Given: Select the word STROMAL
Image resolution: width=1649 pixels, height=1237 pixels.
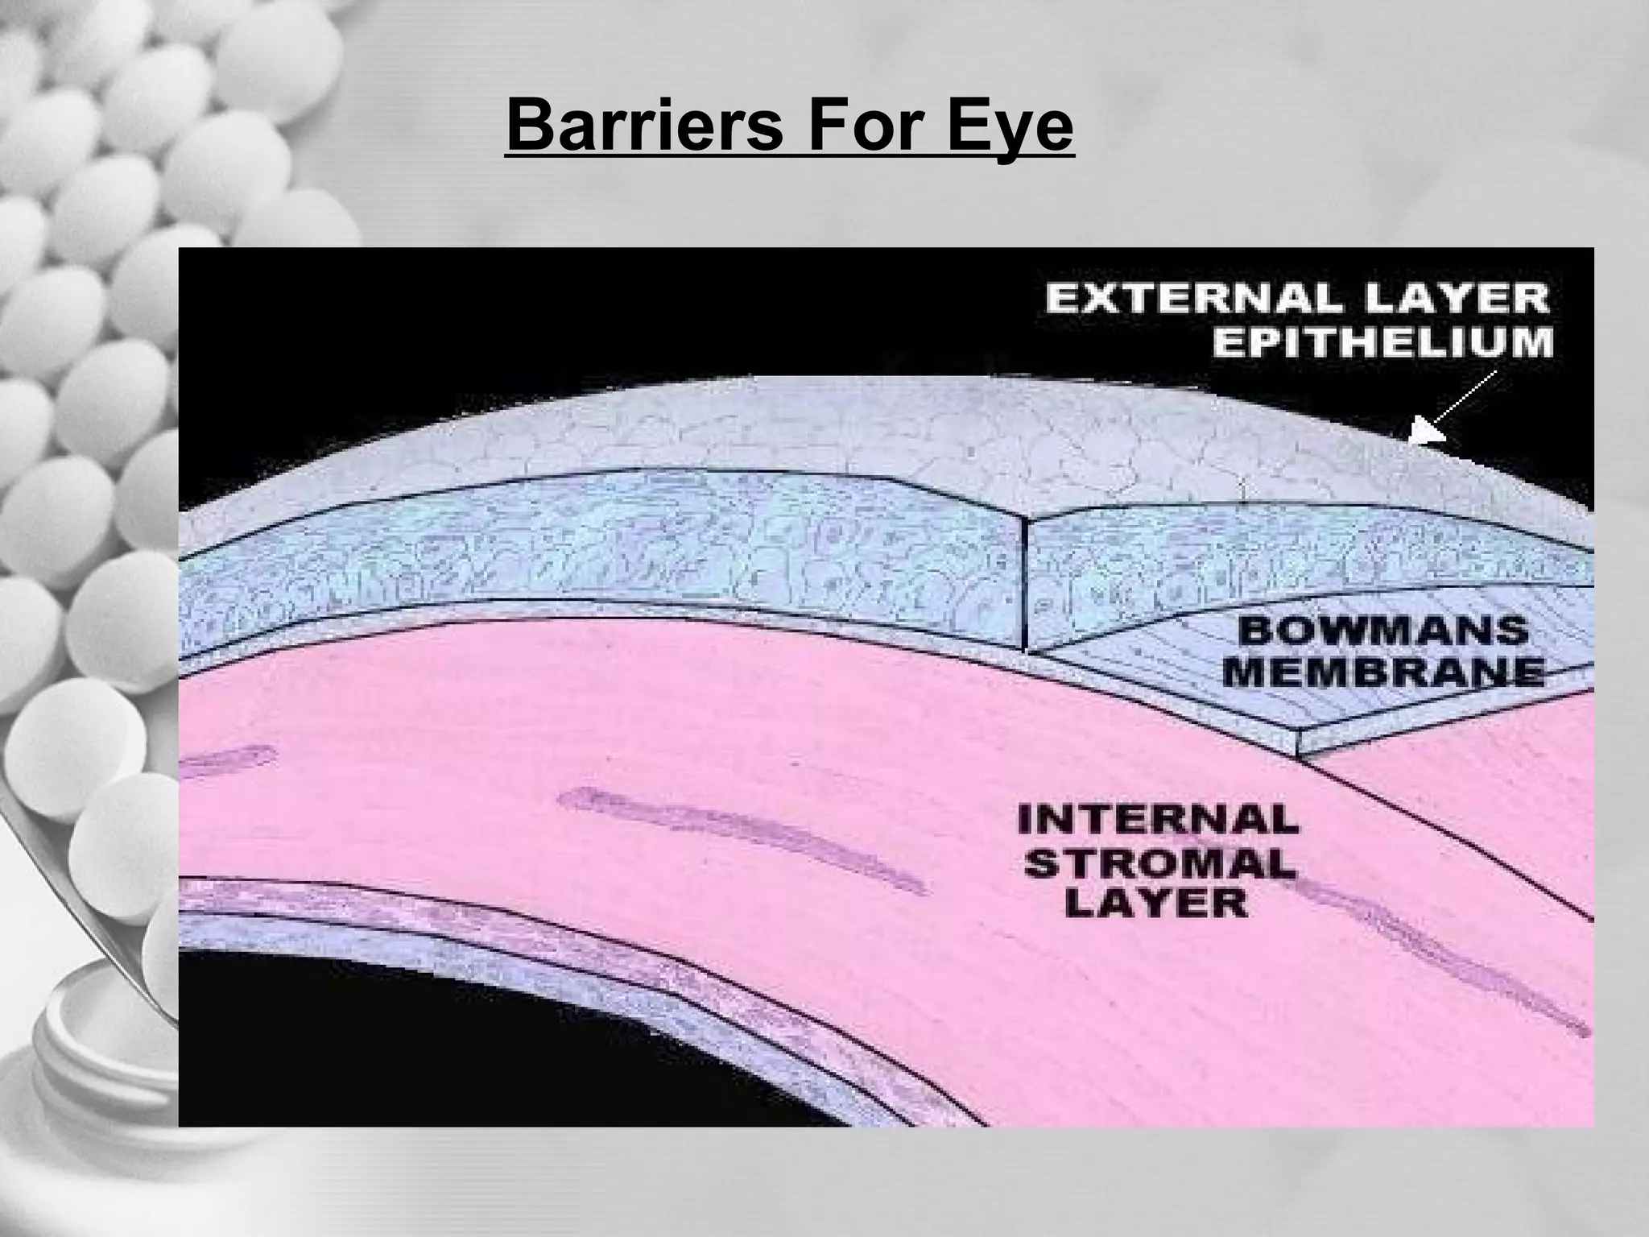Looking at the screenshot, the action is pyautogui.click(x=1158, y=863).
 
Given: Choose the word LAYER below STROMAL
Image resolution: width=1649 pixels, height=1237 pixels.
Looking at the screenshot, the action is pyautogui.click(x=1156, y=904).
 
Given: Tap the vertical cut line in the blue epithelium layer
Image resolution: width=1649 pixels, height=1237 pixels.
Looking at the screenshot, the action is pyautogui.click(x=1025, y=596).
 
